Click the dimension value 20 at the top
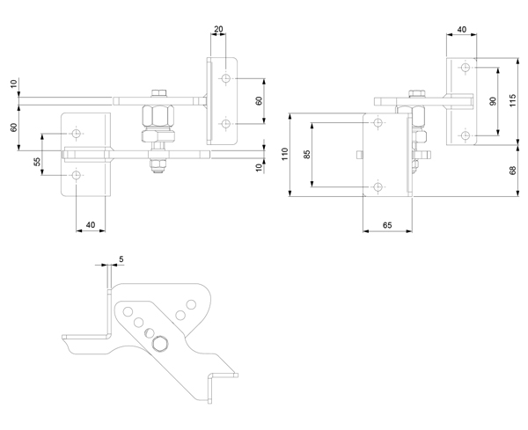tap(218, 29)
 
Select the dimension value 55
tap(37, 162)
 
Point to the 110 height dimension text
tap(285, 154)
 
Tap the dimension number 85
tap(307, 155)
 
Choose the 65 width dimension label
tap(387, 225)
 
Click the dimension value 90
tap(494, 101)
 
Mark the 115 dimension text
tap(512, 100)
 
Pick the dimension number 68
tap(512, 171)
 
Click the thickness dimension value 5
tap(121, 259)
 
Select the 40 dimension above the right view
tap(462, 29)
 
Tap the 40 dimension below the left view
tap(91, 224)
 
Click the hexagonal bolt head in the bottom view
tap(160, 344)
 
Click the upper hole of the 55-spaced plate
tap(77, 134)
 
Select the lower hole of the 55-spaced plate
tap(77, 175)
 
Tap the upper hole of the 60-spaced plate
tap(225, 78)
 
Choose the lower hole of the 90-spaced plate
tap(466, 135)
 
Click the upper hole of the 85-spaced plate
tap(378, 122)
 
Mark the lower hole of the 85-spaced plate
tap(378, 186)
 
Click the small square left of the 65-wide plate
tap(359, 155)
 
